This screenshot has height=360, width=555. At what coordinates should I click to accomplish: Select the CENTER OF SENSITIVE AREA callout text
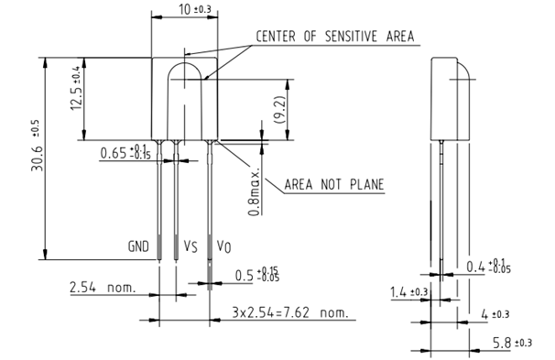334,37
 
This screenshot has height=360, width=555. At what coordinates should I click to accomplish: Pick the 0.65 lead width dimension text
124,152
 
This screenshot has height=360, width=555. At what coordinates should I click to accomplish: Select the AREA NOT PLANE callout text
334,185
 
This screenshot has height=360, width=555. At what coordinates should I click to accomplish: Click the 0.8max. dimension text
256,191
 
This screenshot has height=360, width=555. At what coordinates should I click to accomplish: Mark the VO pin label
223,246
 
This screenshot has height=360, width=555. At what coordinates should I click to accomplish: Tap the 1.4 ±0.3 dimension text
408,293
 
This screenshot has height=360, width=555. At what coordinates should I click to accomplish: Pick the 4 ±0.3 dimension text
495,314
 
